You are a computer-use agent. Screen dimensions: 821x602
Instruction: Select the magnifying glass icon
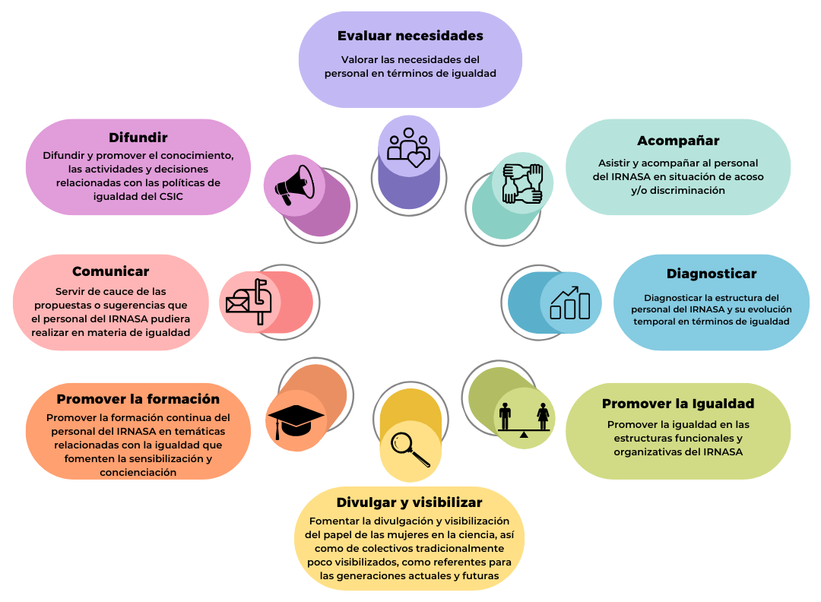[x=410, y=449]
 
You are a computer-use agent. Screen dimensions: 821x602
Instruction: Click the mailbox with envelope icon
[x=249, y=302]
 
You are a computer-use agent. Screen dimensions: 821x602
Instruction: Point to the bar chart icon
[x=570, y=303]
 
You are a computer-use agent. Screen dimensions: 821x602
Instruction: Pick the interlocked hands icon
[x=522, y=183]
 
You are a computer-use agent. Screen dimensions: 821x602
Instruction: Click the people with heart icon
[x=408, y=147]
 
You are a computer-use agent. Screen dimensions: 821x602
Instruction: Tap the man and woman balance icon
[x=524, y=420]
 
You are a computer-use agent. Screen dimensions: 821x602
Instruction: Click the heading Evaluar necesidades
[x=410, y=36]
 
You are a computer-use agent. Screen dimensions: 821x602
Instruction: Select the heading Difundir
[x=138, y=138]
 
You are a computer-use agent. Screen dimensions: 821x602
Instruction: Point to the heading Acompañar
[x=678, y=141]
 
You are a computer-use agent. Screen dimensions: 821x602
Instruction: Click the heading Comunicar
[x=110, y=271]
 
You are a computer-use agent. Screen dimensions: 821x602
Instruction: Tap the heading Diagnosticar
[x=712, y=274]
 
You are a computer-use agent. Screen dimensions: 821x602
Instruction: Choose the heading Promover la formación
[x=138, y=399]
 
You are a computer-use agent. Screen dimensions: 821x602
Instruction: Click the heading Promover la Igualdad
[x=678, y=404]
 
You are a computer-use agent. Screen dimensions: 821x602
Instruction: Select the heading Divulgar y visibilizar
[x=410, y=502]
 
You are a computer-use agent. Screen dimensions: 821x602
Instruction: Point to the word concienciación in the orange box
[x=138, y=473]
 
